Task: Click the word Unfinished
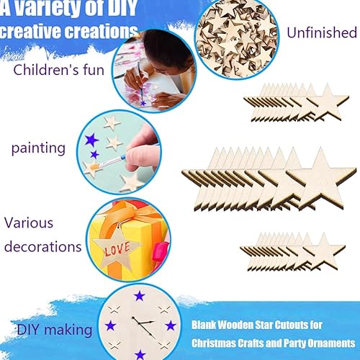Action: pyautogui.click(x=321, y=33)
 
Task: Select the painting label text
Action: pyautogui.click(x=38, y=149)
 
